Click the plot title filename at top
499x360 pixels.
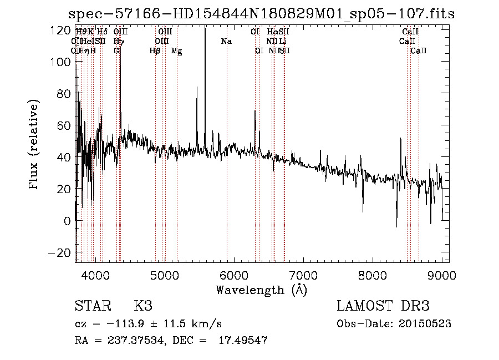(261, 14)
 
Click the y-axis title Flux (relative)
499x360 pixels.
(34, 145)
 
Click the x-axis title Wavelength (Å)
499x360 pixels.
(261, 290)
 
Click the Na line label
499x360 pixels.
(226, 42)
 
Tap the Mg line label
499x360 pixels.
(176, 51)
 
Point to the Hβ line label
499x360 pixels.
(155, 51)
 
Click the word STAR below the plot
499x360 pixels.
(91, 306)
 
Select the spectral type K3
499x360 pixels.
(142, 306)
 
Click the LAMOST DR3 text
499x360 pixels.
(383, 306)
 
